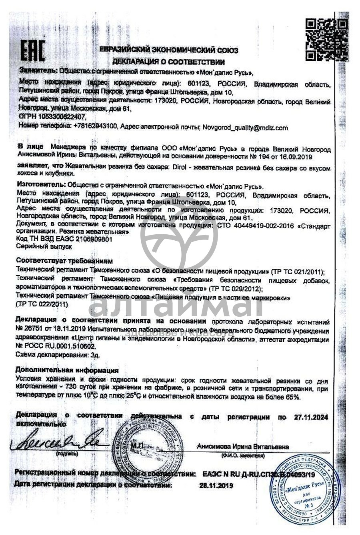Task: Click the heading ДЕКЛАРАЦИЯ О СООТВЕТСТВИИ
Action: (x=168, y=62)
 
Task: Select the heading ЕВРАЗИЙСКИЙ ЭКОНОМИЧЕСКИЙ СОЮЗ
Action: (x=168, y=50)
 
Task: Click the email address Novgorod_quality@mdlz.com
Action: (x=245, y=128)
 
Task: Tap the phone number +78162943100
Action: (x=95, y=127)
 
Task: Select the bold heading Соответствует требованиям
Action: (x=64, y=261)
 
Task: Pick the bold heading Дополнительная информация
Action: (x=67, y=370)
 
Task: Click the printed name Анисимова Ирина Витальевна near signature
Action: (x=242, y=447)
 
